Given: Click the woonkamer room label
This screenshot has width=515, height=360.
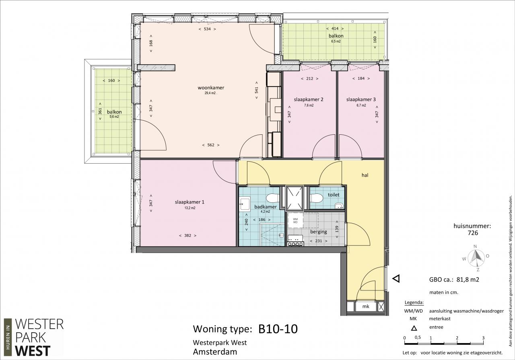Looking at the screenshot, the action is click(211, 88).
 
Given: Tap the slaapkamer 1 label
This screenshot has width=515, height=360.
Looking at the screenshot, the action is click(190, 202).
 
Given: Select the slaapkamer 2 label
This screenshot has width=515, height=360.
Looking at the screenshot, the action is click(309, 99).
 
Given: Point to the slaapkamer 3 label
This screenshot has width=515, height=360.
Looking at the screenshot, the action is click(361, 99).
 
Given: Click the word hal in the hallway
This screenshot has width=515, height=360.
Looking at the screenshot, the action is click(365, 175).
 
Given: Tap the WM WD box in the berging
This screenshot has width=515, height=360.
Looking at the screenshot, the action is click(295, 220).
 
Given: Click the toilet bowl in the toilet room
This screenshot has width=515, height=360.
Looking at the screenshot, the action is click(316, 198).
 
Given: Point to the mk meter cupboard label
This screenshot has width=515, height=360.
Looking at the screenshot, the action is click(366, 307).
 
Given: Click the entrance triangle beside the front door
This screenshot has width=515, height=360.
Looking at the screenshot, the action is click(396, 279).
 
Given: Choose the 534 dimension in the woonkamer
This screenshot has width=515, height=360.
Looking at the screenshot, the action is click(207, 29).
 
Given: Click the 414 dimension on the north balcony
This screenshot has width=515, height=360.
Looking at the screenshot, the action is click(335, 29).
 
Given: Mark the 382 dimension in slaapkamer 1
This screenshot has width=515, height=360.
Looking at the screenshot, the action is click(187, 235).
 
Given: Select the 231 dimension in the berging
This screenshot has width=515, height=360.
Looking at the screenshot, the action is click(318, 241).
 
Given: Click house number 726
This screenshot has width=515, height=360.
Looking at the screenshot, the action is click(473, 233).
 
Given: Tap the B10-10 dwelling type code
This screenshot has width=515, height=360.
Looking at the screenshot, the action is click(278, 329).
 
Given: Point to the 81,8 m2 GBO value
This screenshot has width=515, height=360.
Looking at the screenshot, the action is click(468, 280).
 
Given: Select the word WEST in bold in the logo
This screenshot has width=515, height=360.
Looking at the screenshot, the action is click(33, 351).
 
